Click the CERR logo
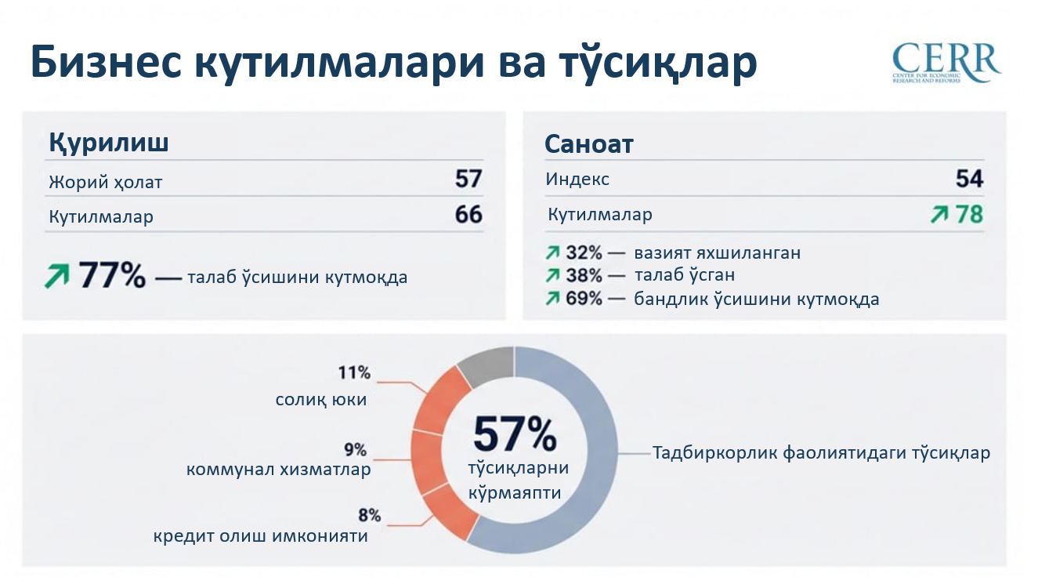(946, 63)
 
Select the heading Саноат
(588, 144)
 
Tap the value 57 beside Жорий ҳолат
(468, 180)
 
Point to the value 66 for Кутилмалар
(468, 214)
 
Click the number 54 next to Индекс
(969, 180)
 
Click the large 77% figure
(112, 276)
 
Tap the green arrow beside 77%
(56, 276)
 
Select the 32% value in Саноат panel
(584, 253)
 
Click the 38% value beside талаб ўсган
(584, 276)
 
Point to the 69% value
(584, 299)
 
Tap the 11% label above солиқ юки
(354, 372)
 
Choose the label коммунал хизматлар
(279, 470)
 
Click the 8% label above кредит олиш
(369, 515)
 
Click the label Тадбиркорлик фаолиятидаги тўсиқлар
(822, 453)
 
